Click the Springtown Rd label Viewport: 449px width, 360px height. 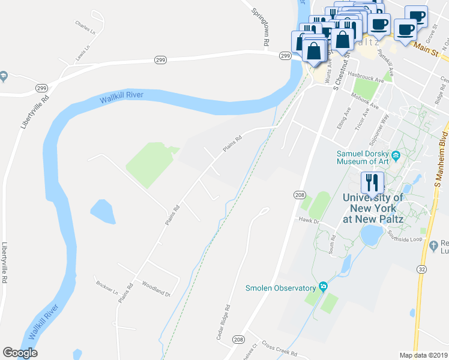[259, 27]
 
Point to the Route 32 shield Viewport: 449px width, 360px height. [421, 269]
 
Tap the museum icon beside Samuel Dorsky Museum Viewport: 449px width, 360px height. [396, 158]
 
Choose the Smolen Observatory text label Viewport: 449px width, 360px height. [280, 288]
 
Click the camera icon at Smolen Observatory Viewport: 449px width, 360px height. [323, 286]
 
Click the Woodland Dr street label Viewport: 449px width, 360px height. [157, 289]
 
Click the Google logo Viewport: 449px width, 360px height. [20, 353]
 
